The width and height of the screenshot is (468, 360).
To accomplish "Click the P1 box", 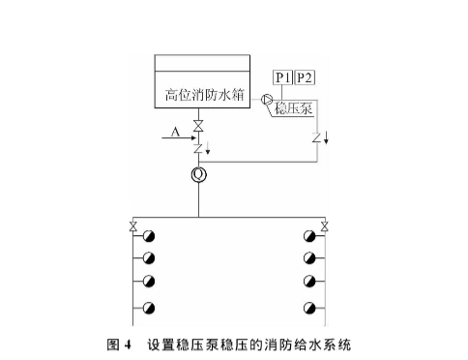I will coord(282,76).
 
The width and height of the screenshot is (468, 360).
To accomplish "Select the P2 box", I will coord(304,76).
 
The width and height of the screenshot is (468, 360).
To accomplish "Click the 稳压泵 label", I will coord(293,106).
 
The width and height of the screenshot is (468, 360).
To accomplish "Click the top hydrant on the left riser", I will coord(148,237).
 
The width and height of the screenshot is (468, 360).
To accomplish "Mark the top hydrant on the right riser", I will coord(309,237).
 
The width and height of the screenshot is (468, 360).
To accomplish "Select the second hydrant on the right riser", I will coord(309,258).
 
